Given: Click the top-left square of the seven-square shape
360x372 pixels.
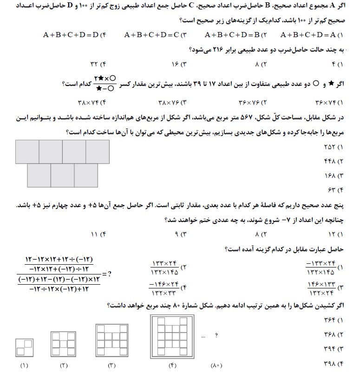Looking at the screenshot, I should (27, 151).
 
